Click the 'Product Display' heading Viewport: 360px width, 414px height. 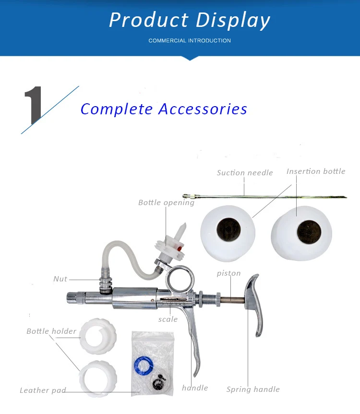click(x=190, y=20)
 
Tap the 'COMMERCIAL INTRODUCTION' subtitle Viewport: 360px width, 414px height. click(x=190, y=41)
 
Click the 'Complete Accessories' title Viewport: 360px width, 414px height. click(x=164, y=109)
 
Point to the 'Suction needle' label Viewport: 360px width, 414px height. click(x=245, y=173)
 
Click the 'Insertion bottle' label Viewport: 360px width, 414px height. click(x=315, y=171)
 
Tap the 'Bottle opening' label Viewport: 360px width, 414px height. click(x=166, y=203)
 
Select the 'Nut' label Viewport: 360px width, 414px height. click(x=60, y=279)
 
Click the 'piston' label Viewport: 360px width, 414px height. click(x=228, y=273)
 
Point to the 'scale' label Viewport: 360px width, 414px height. click(x=168, y=319)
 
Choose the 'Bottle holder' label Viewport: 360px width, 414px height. click(x=51, y=331)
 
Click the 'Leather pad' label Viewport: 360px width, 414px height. click(x=43, y=390)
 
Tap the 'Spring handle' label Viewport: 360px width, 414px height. click(x=253, y=390)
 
